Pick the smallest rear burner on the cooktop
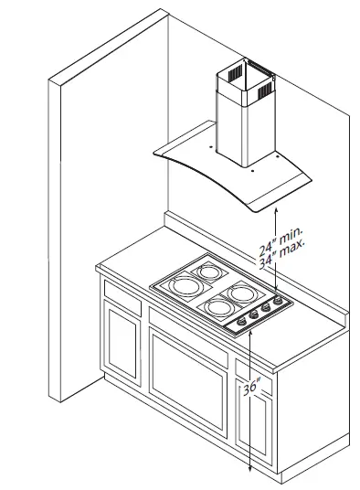(x=206, y=272)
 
